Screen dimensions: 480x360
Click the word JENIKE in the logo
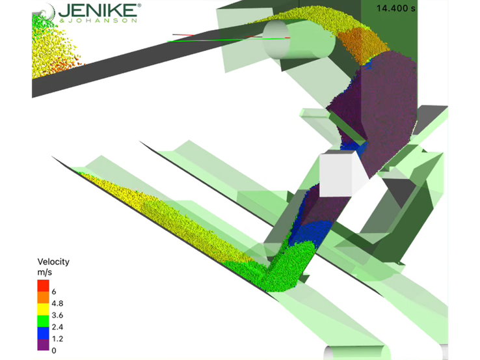coord(98,10)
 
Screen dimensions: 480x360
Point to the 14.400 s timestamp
coord(396,8)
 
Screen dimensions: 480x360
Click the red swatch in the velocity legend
coord(43,286)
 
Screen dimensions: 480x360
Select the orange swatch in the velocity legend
coord(43,298)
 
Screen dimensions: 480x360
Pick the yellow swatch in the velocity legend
coord(43,309)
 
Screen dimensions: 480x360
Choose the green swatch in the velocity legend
coord(43,321)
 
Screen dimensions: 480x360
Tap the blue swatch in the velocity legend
coord(43,333)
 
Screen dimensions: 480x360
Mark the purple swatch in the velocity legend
coord(43,344)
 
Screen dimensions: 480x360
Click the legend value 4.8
coord(57,303)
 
